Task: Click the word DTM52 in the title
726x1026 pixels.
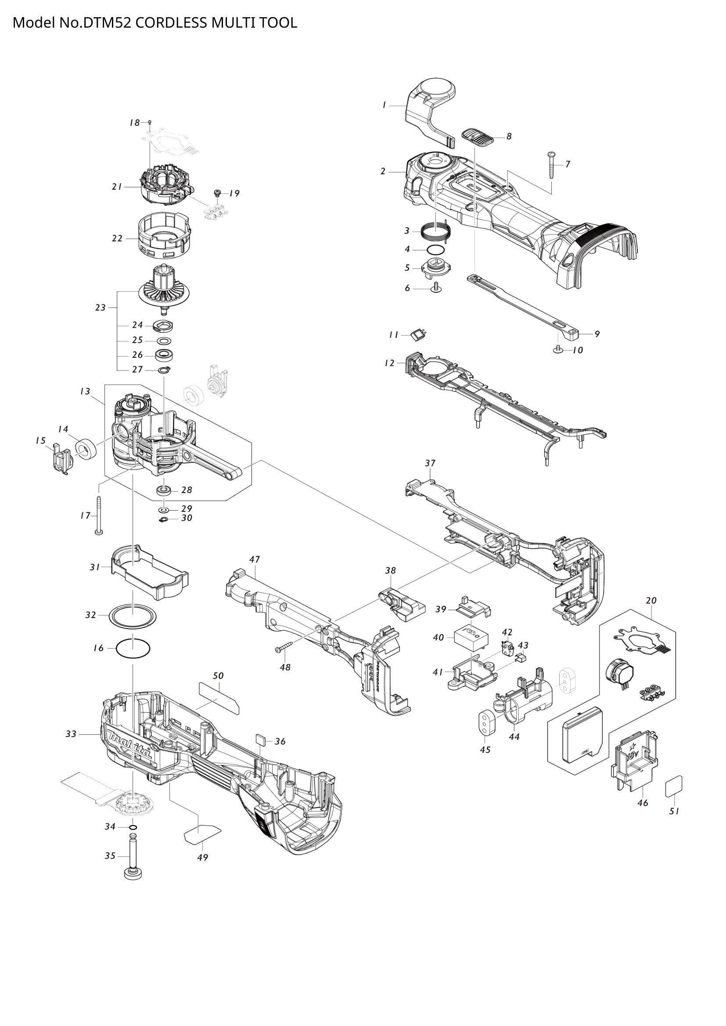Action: [x=107, y=22]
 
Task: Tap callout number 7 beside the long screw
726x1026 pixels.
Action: [x=567, y=164]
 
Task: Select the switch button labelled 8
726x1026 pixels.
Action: [x=477, y=136]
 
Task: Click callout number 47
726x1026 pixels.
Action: [x=255, y=559]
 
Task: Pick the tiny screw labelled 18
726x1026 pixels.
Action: [x=150, y=122]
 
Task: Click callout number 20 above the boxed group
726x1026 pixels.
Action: [x=651, y=601]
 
